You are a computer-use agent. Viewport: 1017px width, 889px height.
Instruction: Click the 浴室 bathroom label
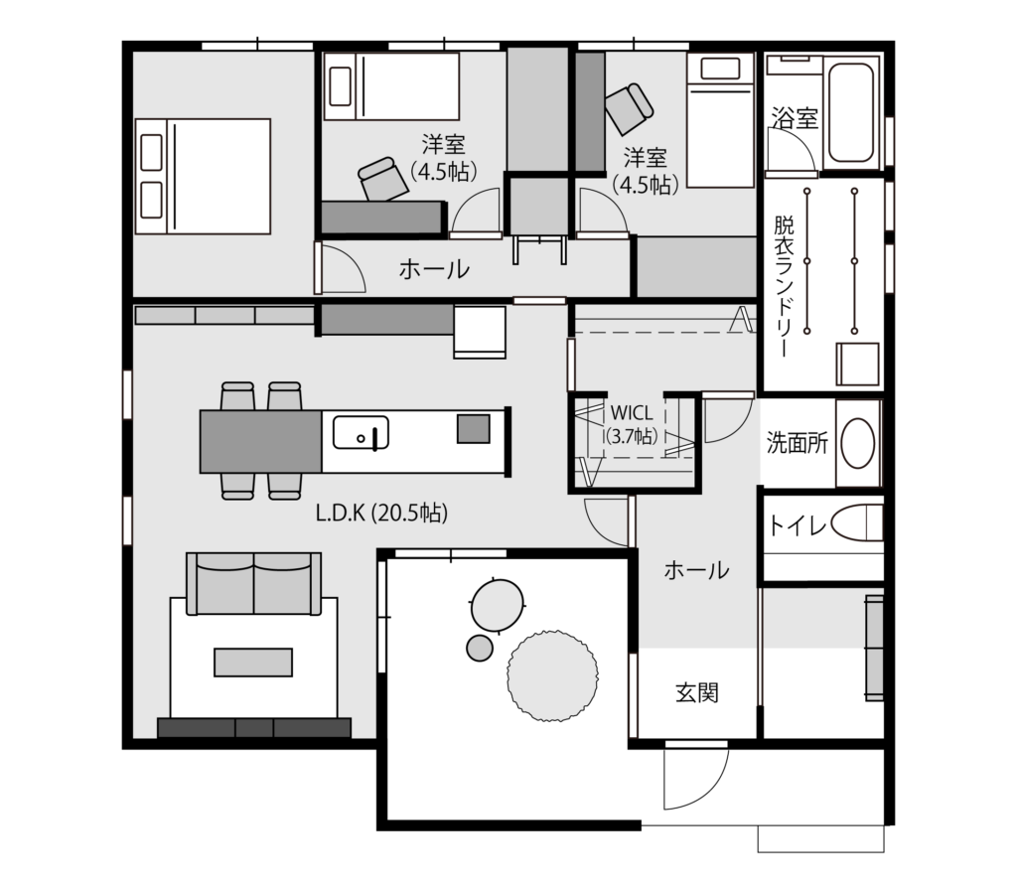pos(795,118)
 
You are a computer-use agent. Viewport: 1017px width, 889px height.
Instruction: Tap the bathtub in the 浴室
pos(850,112)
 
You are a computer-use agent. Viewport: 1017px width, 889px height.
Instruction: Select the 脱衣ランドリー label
pos(784,286)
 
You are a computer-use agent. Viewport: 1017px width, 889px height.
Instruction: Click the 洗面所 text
pos(798,443)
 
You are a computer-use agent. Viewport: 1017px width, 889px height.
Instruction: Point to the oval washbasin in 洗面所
pos(857,443)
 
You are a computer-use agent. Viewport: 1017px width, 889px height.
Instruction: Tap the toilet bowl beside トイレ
pos(857,523)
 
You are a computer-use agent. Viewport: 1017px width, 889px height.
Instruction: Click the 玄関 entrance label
pos(696,693)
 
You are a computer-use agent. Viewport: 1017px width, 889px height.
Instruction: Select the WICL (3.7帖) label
pos(632,424)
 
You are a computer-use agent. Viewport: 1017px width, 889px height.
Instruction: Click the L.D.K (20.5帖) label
pos(381,514)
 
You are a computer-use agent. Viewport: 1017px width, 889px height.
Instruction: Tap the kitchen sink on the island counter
pos(361,433)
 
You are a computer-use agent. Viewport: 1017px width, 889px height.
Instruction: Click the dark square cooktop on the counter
pos(474,428)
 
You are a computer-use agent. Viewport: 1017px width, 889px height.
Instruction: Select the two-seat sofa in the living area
pos(253,583)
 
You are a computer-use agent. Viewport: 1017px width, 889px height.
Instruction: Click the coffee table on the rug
pos(253,662)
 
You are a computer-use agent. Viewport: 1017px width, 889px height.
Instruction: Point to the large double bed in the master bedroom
pos(203,176)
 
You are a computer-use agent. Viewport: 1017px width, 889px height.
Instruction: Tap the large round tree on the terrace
pos(552,675)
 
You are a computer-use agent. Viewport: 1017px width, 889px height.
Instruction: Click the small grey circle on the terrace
pos(480,648)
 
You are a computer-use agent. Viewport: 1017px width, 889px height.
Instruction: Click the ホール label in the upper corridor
pos(434,269)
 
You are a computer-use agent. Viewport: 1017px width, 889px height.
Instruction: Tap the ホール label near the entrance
pos(696,571)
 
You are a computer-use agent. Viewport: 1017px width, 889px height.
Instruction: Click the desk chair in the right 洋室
pos(629,109)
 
